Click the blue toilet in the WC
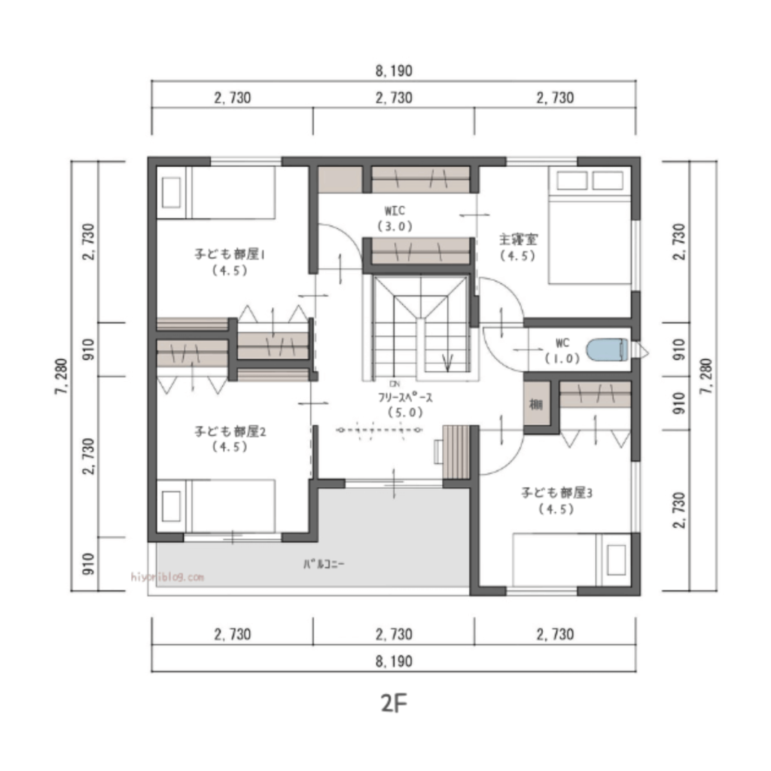click(x=607, y=349)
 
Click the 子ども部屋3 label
click(x=556, y=493)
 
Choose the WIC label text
click(x=395, y=210)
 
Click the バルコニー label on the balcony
click(x=325, y=562)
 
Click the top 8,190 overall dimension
click(x=393, y=72)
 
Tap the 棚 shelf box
click(x=535, y=404)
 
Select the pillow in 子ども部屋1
click(x=172, y=193)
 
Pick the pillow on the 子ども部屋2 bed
click(x=172, y=506)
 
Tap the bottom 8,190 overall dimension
click(x=393, y=660)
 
